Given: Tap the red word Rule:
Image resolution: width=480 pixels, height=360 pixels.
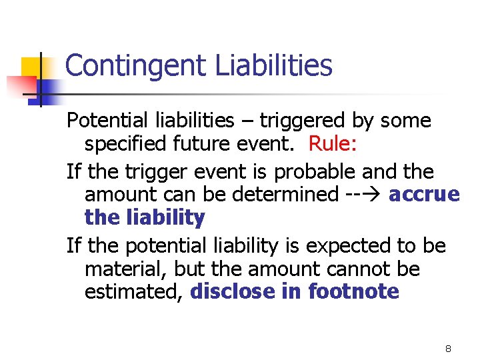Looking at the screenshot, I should (333, 146).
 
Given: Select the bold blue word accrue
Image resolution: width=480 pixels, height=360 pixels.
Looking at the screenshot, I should (424, 195).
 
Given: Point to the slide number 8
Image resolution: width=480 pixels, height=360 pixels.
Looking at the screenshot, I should (449, 349).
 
